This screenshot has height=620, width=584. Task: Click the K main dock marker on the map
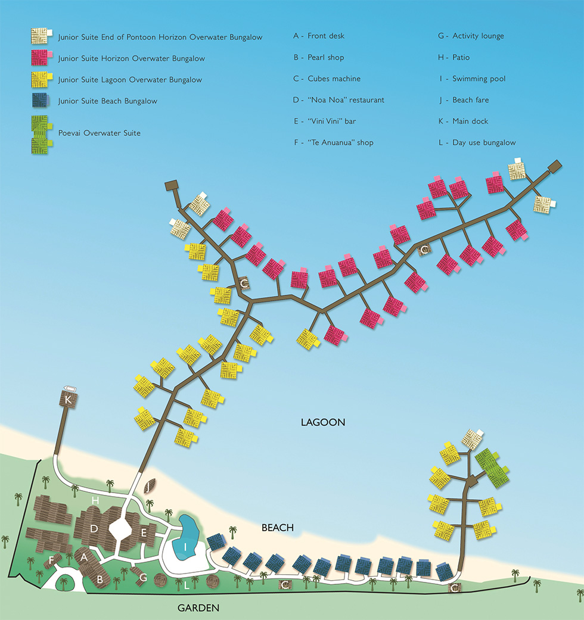68,400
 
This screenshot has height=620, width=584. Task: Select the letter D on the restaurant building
94,529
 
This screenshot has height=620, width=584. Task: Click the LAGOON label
323,422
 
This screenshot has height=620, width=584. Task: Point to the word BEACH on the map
278,528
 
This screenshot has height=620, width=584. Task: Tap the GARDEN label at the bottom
198,607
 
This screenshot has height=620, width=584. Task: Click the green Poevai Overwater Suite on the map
492,468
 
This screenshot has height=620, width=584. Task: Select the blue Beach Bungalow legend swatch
41,101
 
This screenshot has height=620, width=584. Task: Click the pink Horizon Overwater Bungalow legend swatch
41,58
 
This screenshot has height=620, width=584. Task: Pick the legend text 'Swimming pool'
479,79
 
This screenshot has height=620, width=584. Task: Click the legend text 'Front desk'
326,36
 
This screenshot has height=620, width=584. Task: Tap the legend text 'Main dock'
470,121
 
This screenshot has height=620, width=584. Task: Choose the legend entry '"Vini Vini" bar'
331,121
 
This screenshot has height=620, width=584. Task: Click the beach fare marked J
149,486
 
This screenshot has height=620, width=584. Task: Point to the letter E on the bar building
144,533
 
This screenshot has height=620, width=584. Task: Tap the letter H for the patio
95,501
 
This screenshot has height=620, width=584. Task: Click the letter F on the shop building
51,560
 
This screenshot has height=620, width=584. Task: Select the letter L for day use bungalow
187,585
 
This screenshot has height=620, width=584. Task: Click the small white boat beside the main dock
70,389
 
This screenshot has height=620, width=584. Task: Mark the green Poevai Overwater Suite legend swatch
41,135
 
